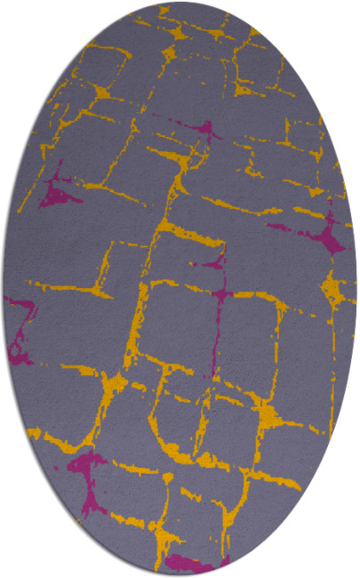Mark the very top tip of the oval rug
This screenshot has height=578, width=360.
[x=180, y=3]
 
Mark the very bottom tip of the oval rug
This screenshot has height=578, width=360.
[x=180, y=574]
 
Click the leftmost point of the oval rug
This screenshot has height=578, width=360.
[x=3, y=289]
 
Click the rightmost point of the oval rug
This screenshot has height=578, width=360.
[x=356, y=289]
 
